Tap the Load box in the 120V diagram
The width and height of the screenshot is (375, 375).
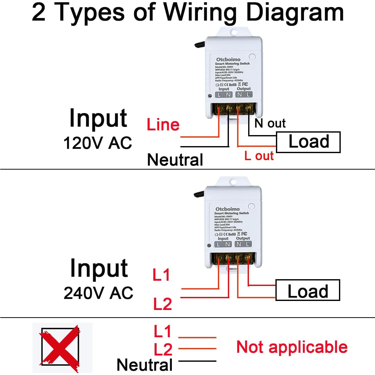308,142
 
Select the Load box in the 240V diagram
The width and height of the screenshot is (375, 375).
307,290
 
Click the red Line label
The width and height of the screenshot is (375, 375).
163,125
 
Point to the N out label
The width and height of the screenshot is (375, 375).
270,123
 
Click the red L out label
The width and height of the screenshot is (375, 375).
259,156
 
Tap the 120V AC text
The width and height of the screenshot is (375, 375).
98,143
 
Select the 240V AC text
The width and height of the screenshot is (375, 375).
98,293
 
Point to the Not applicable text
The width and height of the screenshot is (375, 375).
292,347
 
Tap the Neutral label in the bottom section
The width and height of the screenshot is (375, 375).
145,364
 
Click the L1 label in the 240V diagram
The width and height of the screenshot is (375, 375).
161,275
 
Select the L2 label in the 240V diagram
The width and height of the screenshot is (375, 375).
163,304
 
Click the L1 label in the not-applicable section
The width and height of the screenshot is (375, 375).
162,331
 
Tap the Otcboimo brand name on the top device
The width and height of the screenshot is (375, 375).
228,60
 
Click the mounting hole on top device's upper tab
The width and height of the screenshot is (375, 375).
234,32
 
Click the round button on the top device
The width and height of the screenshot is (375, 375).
252,57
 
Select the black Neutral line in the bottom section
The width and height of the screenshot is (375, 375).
197,361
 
